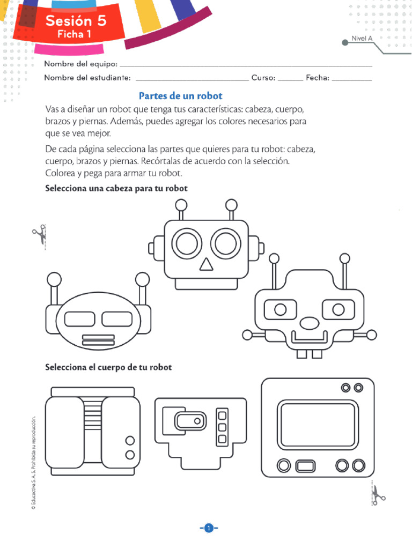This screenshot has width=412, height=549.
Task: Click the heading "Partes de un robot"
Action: pos(180,96)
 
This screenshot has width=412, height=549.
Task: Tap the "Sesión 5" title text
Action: pos(76,21)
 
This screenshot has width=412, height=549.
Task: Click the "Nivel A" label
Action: pos(362,39)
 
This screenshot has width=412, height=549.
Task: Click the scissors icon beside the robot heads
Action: pos(40,235)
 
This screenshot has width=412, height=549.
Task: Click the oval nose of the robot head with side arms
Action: pos(309,323)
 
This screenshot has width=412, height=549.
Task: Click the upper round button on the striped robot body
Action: pos(129,441)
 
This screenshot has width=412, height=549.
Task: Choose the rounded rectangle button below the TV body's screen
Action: pos(305,464)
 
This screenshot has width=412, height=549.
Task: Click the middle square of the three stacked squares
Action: pos(222,427)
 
